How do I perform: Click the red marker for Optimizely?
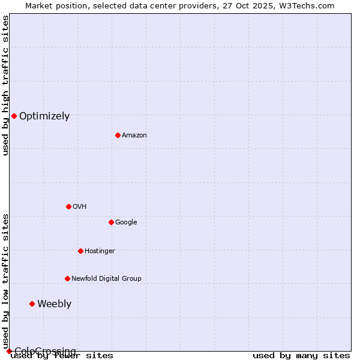14,116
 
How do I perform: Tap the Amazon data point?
118,135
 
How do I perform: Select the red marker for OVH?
68,206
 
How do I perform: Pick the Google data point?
111,222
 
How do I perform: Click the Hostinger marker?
80,251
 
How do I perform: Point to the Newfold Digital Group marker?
67,278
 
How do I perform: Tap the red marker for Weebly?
32,304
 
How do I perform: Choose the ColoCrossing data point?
9,351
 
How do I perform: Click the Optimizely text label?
44,116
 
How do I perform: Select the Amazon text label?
134,136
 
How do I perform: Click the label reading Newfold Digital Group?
106,278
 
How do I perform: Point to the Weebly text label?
54,304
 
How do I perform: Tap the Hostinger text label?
100,251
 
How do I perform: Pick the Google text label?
126,223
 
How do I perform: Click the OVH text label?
80,207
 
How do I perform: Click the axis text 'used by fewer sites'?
62,356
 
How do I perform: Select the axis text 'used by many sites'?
301,356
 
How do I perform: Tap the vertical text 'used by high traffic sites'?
5,85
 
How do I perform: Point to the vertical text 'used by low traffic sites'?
5,281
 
